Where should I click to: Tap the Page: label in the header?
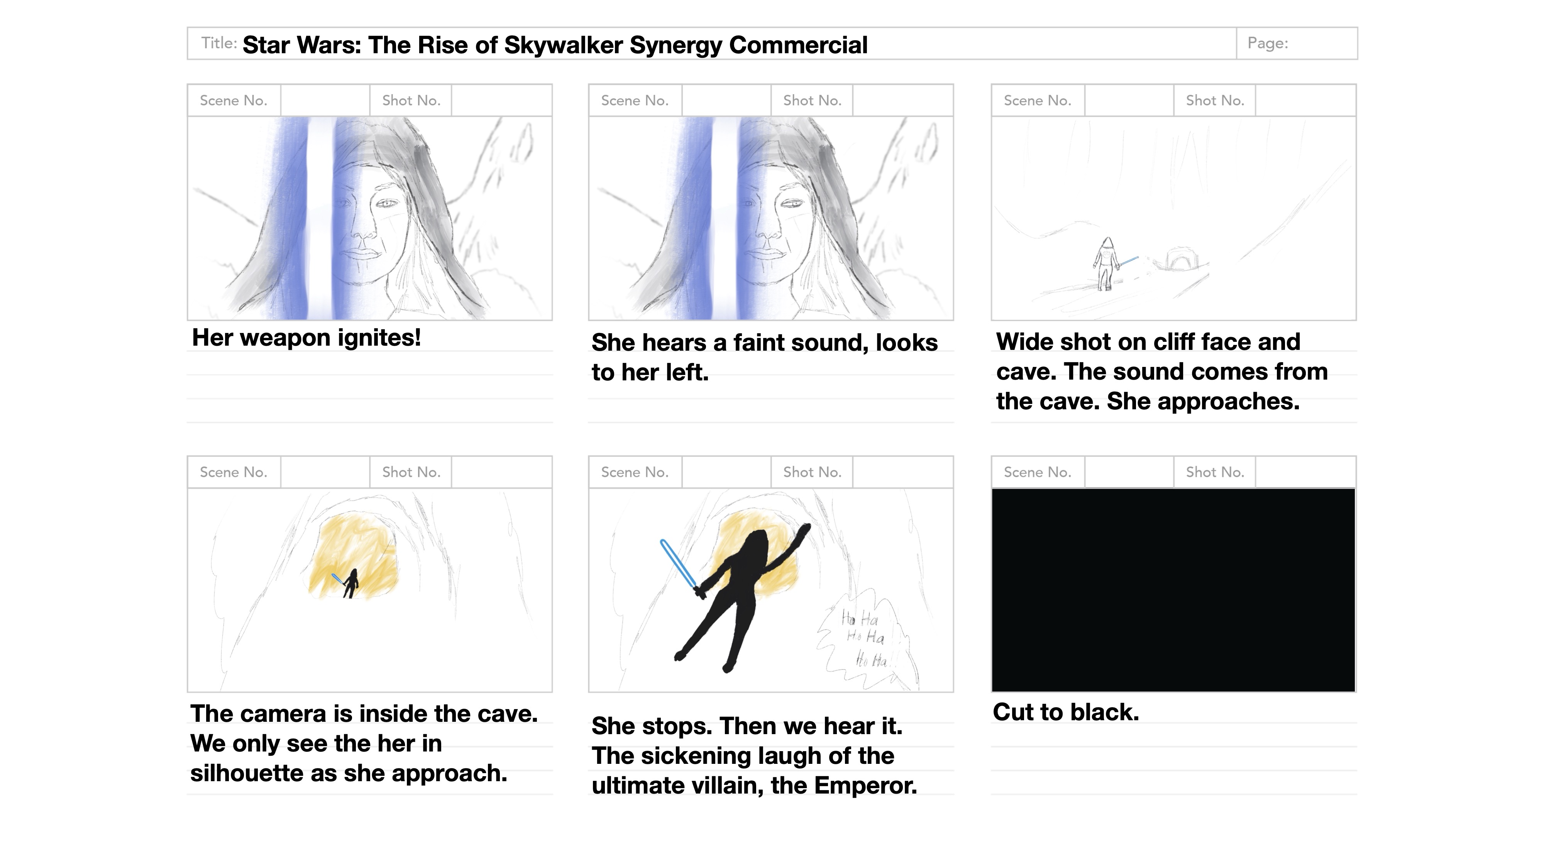1268,43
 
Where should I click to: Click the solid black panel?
1173,590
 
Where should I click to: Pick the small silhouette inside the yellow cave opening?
350,583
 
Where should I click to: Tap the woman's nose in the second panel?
764,224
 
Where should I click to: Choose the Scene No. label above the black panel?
1038,472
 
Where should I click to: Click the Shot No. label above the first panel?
411,101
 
